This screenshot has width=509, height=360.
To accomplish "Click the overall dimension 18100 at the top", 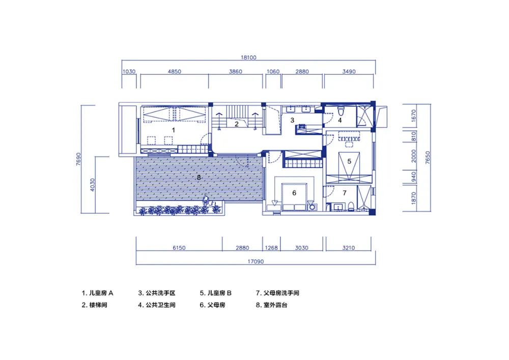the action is [248, 58].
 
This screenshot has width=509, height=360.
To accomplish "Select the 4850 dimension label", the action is [174, 71].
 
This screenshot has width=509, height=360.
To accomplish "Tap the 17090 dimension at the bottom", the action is [256, 261].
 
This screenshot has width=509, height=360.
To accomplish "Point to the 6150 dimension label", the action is [179, 247].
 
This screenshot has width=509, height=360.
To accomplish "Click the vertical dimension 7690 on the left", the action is [78, 159].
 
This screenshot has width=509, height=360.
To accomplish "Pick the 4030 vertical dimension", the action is [93, 185].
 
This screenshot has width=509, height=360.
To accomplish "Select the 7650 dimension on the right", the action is [428, 158].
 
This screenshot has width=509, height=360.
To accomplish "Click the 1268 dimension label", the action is [271, 247].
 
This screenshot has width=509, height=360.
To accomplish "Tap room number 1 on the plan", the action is [174, 130].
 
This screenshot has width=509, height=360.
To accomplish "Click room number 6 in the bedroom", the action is [294, 193].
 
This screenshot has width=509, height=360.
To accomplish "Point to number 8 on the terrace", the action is [199, 177].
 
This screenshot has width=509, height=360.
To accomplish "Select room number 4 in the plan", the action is [340, 121].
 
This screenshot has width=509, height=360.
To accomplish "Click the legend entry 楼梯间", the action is [94, 305].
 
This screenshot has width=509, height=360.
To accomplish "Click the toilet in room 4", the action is [341, 112].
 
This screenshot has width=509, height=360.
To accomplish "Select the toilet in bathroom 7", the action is [351, 206].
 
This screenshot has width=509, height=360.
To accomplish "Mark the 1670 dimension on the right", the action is [413, 116].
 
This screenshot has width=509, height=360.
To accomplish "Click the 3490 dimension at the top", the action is [349, 71].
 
